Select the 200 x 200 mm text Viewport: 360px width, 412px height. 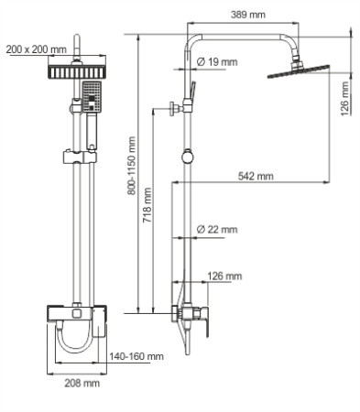36,49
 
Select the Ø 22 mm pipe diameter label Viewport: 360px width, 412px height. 216,229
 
